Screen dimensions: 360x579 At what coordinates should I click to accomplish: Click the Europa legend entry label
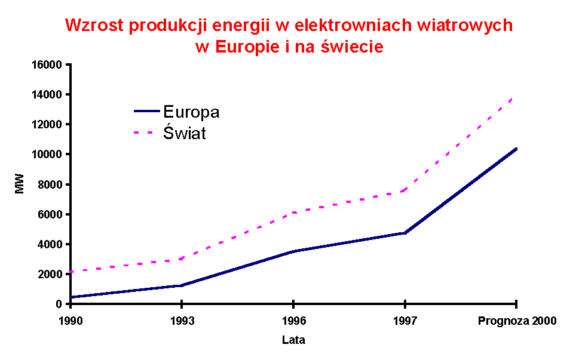tap(191, 112)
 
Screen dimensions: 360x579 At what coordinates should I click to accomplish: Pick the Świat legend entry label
tap(184, 133)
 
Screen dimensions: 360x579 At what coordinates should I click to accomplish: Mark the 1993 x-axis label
tap(182, 321)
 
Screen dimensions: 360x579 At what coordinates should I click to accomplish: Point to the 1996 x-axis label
tap(293, 321)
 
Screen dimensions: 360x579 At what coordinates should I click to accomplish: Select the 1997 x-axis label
tap(405, 321)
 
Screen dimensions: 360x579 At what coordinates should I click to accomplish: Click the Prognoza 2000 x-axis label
tap(517, 321)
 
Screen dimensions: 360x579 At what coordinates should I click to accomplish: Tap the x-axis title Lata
tap(293, 340)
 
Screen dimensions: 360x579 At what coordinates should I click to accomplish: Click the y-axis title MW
tap(20, 184)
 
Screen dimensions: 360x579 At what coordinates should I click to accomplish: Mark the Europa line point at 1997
tap(405, 233)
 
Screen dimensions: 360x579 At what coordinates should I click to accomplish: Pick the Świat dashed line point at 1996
tap(293, 213)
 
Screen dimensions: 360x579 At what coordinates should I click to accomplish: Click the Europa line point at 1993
tap(182, 285)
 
